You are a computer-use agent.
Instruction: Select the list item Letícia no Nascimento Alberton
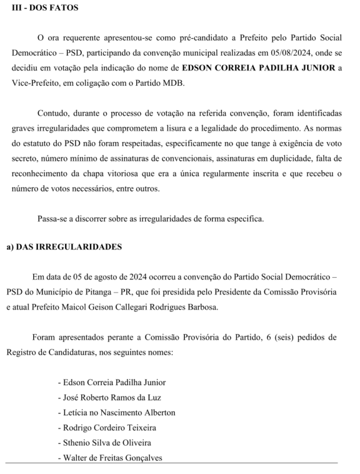point(116,412)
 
